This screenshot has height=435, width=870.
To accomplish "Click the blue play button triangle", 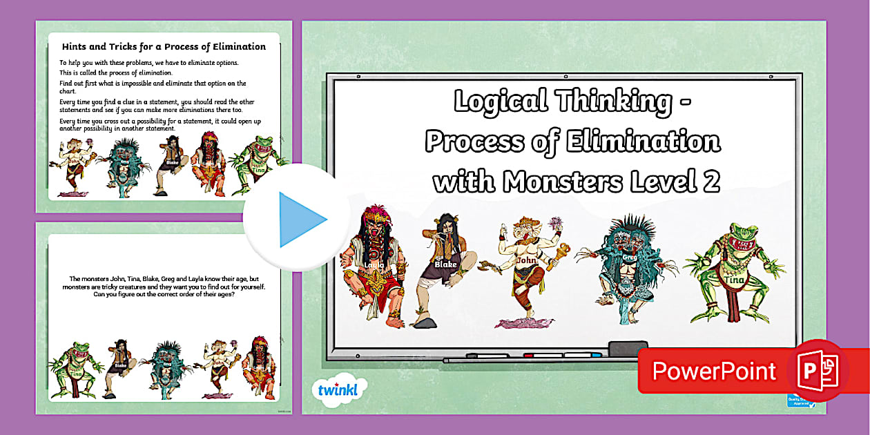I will click(301, 220).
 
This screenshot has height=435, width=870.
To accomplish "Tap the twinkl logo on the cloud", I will click(338, 390).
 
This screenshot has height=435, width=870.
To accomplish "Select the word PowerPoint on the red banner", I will click(714, 371).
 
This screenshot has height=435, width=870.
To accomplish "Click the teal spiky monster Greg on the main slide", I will click(627, 266).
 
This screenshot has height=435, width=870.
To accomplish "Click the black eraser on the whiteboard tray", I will click(628, 348).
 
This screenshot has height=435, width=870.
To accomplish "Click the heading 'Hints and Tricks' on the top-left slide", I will click(164, 47).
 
